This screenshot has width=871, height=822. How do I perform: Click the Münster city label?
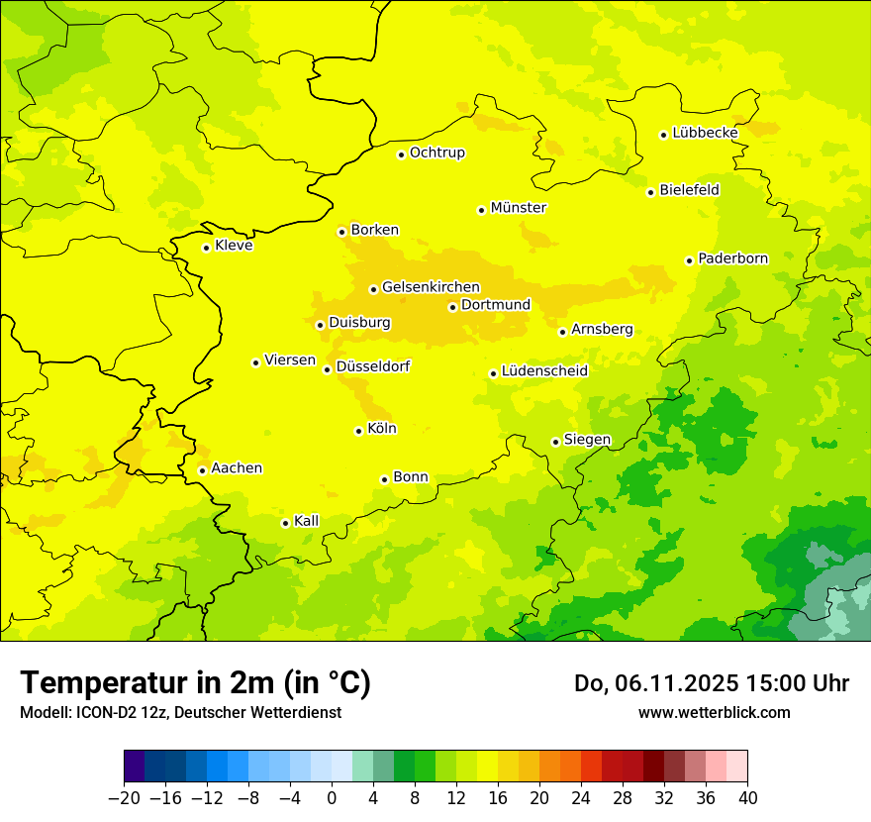[x=518, y=208]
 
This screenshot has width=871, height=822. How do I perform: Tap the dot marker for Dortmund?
[x=452, y=307]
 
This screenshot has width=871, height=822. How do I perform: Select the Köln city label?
[x=381, y=429]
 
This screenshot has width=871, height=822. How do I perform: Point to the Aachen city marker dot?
[x=202, y=470]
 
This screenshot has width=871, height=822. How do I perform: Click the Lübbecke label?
[x=705, y=133]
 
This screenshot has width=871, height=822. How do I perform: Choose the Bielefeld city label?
[x=689, y=189]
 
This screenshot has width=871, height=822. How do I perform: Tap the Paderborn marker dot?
[x=689, y=260]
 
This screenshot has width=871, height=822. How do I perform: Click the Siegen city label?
[x=587, y=440]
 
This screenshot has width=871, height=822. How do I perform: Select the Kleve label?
[x=234, y=246]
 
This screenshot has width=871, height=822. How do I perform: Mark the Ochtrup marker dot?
[x=401, y=154]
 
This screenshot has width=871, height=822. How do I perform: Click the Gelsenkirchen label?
[x=431, y=287]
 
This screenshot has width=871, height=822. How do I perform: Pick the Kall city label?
[x=306, y=521]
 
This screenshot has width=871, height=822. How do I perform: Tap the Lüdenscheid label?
[x=544, y=371]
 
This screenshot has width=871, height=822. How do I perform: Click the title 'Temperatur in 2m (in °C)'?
[x=195, y=682]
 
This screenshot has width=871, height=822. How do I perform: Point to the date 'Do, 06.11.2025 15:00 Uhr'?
[x=711, y=683]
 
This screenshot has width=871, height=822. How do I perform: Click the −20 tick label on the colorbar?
[x=124, y=798]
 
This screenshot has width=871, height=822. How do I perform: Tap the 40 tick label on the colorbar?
[x=747, y=798]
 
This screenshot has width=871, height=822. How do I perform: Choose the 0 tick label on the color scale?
[x=332, y=798]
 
